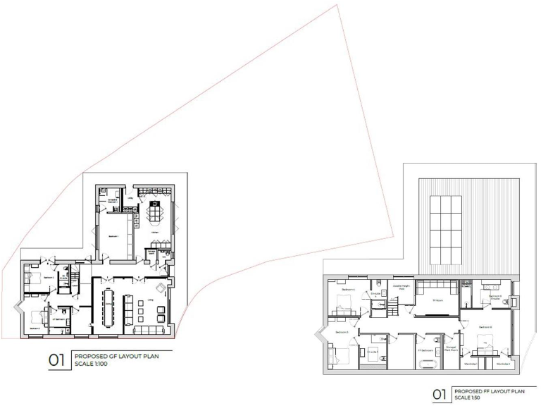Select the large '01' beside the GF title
click(57, 361)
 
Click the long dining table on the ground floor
click(108, 307)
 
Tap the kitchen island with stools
click(156, 211)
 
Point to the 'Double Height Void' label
click(402, 288)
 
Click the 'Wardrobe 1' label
click(471, 364)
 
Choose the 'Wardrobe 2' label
click(502, 364)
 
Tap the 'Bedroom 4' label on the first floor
click(347, 290)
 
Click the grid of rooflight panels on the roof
click(445, 228)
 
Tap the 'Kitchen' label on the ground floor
click(154, 232)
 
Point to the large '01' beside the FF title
click(439, 394)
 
